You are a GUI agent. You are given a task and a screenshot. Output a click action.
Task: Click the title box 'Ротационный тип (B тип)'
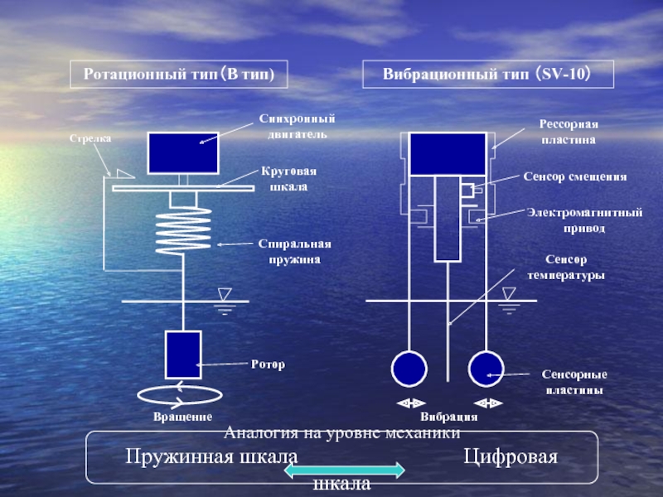[x=179, y=75]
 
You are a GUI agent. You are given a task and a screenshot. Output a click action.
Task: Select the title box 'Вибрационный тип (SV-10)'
[x=486, y=75]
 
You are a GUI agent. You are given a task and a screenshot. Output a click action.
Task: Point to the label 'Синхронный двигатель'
[x=298, y=127]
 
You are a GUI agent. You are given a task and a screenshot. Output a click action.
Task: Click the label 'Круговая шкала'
[x=288, y=179]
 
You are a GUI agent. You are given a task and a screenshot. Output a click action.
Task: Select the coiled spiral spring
[x=182, y=231]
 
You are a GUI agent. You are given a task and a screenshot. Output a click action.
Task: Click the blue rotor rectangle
[x=182, y=354]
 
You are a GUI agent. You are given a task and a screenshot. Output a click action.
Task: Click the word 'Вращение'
[x=182, y=417]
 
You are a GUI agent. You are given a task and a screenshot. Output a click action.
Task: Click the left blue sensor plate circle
[x=409, y=369]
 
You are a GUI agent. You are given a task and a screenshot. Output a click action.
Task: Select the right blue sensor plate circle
[x=486, y=369]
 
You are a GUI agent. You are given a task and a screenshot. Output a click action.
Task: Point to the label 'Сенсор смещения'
[x=575, y=176]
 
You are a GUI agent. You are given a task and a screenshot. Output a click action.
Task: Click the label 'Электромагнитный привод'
[x=585, y=220]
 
